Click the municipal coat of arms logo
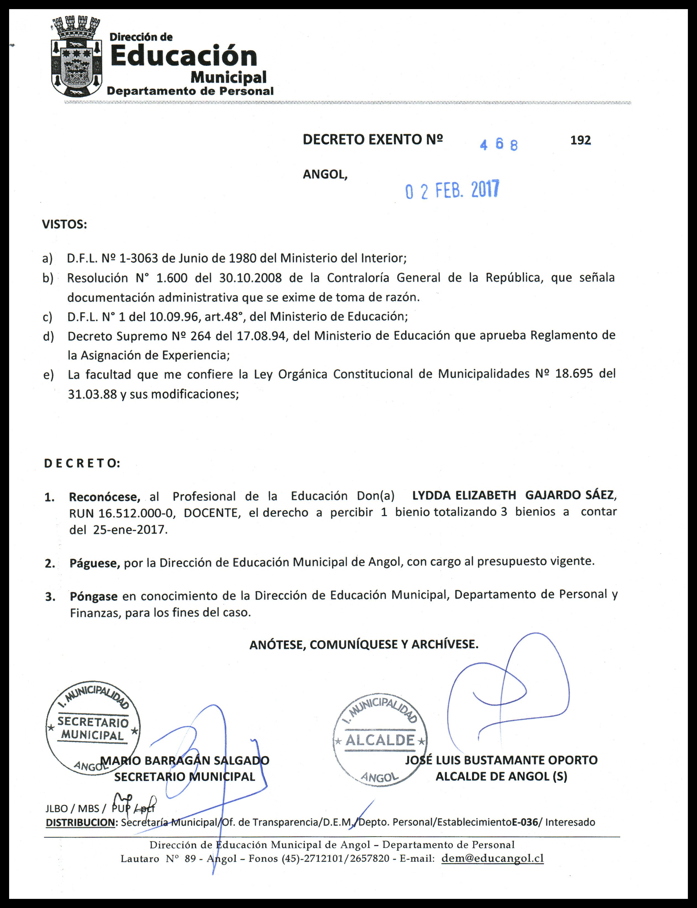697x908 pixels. click(x=76, y=57)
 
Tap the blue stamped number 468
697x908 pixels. click(x=499, y=144)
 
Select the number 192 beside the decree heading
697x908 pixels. click(x=580, y=141)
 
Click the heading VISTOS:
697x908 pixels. click(x=64, y=225)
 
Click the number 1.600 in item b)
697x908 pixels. click(x=172, y=278)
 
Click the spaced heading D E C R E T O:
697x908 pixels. click(x=82, y=463)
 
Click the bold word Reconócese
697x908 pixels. click(x=104, y=497)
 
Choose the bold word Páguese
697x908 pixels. click(x=95, y=563)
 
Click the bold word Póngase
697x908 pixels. click(x=94, y=597)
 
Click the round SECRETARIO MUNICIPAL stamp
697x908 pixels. click(x=93, y=728)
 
